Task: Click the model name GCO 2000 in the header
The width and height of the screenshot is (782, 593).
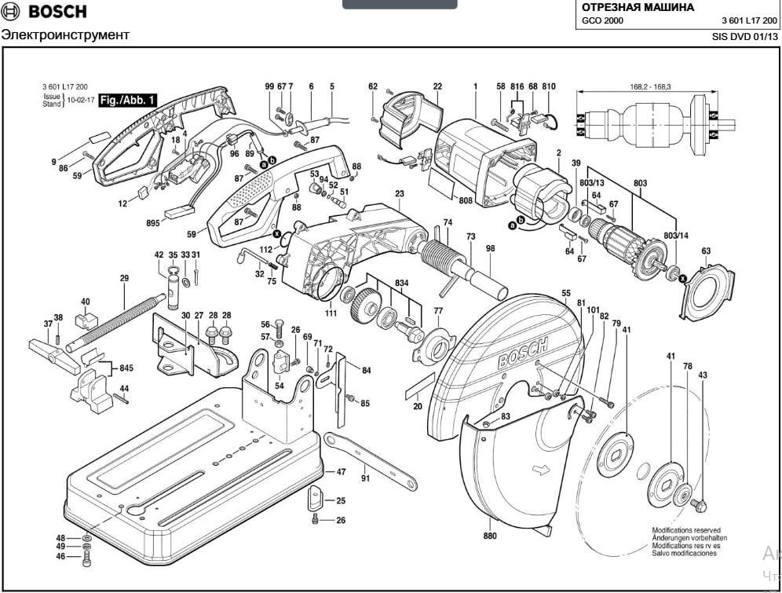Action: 602,21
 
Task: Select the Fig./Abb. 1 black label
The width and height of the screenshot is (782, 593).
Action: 128,100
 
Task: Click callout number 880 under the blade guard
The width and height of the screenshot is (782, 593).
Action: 490,536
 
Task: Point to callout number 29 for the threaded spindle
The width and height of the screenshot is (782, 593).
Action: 124,279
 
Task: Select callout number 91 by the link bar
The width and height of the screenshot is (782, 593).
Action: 365,478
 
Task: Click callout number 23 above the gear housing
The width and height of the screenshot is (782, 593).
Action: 399,193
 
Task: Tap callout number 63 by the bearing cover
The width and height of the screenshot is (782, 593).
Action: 706,251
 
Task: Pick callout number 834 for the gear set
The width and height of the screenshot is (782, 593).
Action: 402,282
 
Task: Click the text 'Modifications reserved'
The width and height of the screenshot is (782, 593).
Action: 685,530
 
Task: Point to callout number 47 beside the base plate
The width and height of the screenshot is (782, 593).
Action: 341,472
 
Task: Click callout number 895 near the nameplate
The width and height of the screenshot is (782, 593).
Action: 152,223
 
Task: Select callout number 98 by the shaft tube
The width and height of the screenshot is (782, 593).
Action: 491,248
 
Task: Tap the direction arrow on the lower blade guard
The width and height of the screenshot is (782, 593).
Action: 540,471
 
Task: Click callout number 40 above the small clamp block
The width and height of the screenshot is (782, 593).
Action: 85,302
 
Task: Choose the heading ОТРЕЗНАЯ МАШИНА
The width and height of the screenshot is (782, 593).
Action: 638,7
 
